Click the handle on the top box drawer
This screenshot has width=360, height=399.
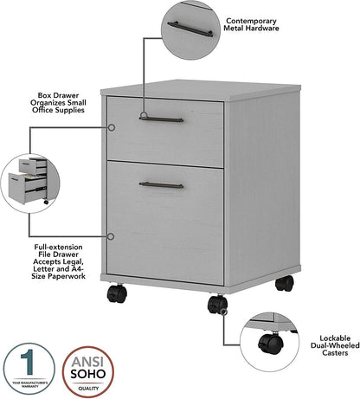[161, 119]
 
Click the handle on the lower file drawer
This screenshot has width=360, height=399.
[161, 184]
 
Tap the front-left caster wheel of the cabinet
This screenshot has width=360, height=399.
[117, 295]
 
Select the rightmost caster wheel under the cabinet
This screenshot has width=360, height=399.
[284, 283]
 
